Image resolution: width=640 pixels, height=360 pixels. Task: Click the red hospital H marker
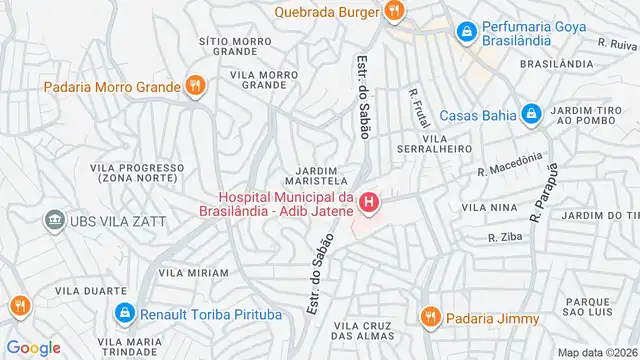(x=370, y=206)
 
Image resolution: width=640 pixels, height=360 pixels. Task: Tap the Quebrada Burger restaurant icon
(x=394, y=12)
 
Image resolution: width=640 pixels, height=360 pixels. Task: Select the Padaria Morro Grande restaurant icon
(x=195, y=87)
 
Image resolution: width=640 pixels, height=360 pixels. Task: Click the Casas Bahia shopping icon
(x=531, y=113)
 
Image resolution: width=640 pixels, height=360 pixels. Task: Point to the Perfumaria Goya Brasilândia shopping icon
(x=465, y=33)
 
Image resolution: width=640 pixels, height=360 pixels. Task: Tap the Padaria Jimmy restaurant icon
(x=430, y=317)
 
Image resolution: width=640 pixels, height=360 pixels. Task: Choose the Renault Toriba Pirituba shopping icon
(x=124, y=313)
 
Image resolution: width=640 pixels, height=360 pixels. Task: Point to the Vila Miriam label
(x=193, y=272)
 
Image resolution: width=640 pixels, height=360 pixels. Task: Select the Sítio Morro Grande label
(x=229, y=45)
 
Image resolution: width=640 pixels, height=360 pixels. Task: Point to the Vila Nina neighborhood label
(x=484, y=207)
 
